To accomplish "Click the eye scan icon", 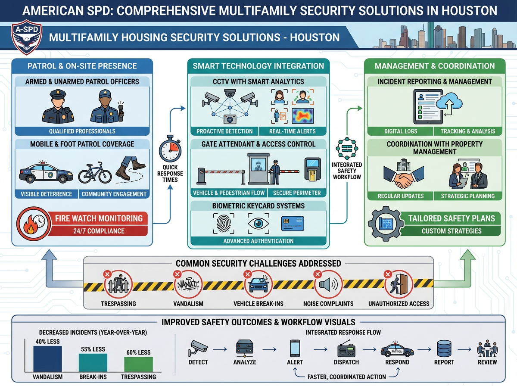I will pos(258,223).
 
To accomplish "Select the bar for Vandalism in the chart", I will pos(48,358).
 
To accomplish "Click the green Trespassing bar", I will pos(138,364).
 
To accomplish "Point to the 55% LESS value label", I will pos(93,349).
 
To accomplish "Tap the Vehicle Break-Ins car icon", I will pos(258,284).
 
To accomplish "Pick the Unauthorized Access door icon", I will pos(399,284).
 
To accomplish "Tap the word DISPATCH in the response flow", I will pos(346,362).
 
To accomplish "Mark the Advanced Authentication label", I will pos(258,241).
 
